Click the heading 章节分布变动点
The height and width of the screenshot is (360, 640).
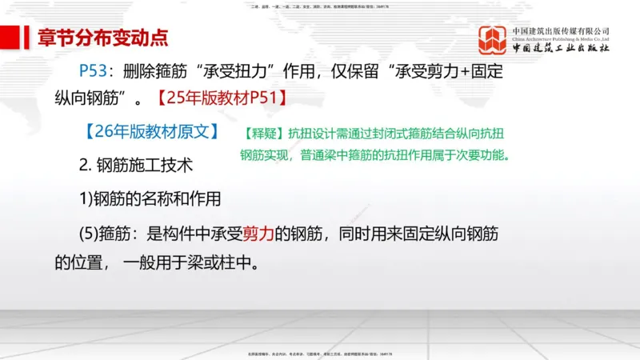pos(104,37)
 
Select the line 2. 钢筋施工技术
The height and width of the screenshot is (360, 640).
pos(136,166)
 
